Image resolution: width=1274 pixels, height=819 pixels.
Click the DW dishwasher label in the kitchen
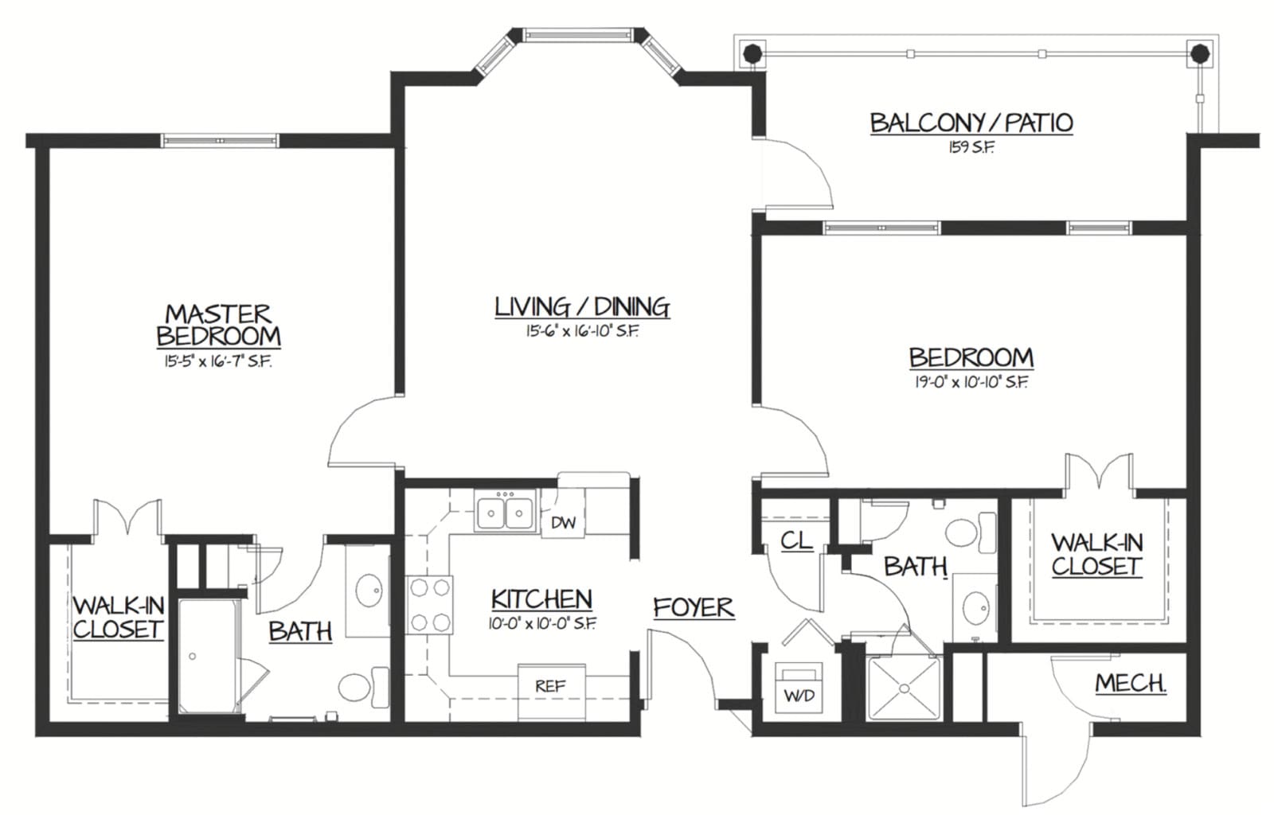pos(564,522)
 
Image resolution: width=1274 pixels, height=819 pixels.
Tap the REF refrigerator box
pos(551,692)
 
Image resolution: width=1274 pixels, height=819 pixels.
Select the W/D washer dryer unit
pos(799,688)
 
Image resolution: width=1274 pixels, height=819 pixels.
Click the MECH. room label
pos(1131,683)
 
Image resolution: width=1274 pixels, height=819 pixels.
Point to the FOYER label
pos(694,607)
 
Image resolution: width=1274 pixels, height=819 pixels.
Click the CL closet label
pos(796,540)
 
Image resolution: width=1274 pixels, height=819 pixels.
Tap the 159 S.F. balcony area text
pos(971,148)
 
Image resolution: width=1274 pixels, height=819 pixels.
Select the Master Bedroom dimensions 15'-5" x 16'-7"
pos(218,361)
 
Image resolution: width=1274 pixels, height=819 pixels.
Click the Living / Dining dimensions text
pos(582,331)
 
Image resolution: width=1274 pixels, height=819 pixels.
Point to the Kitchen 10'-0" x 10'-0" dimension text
pos(541,624)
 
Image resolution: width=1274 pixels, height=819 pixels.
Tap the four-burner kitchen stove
pos(429,605)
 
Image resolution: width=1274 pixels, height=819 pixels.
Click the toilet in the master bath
pos(364,687)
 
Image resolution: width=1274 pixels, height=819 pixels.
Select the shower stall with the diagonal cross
pos(904,688)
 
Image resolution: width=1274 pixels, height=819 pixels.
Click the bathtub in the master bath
pos(208,655)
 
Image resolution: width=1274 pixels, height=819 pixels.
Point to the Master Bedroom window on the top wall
pos(220,140)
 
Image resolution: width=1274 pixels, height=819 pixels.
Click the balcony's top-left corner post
pos(752,54)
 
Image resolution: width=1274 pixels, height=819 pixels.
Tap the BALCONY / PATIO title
pos(971,123)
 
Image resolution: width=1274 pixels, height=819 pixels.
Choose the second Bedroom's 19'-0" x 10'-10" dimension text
pos(971,383)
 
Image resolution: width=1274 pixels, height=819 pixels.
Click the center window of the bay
pos(579,35)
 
